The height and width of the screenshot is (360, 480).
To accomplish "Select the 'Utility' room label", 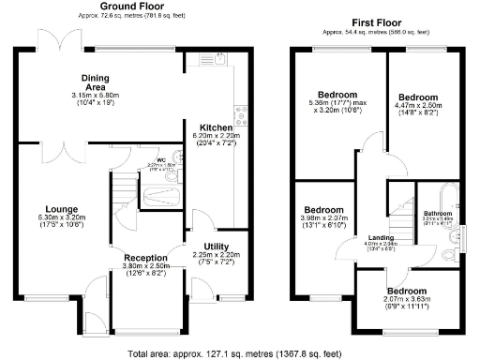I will click(217, 246).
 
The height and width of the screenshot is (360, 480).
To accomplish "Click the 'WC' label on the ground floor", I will click(161, 160).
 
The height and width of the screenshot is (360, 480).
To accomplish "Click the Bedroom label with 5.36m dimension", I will click(337, 96).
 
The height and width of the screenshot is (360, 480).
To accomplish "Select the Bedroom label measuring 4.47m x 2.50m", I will click(417, 97).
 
